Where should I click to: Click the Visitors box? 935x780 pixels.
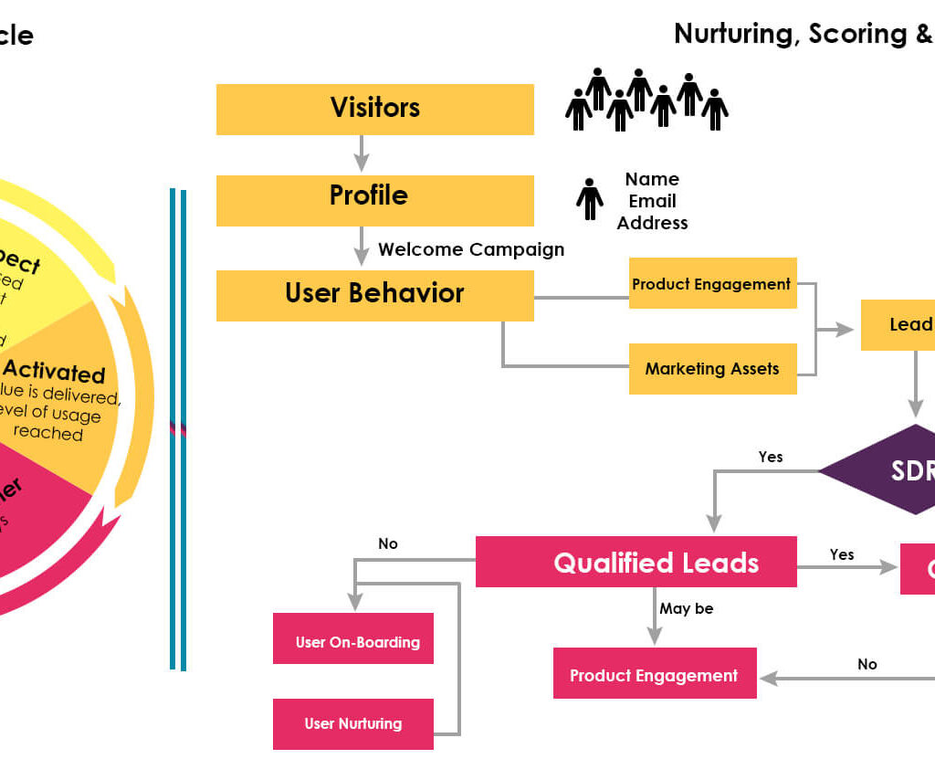click(374, 109)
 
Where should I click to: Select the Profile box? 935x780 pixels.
click(374, 200)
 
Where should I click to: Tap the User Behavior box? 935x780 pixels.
click(374, 295)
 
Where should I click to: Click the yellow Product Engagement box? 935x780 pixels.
click(712, 283)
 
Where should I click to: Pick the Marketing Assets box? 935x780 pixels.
click(712, 369)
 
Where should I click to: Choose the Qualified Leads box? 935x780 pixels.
click(636, 562)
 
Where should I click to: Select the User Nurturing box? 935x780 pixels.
click(353, 723)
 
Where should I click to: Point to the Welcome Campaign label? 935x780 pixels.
click(471, 249)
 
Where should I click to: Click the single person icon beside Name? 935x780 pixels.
click(589, 198)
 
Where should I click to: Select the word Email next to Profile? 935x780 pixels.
click(652, 201)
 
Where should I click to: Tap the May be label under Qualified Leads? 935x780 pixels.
click(687, 608)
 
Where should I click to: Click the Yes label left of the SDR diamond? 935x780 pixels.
click(771, 457)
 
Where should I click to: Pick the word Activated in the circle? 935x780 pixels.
click(54, 374)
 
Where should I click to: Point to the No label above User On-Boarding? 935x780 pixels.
click(388, 543)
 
